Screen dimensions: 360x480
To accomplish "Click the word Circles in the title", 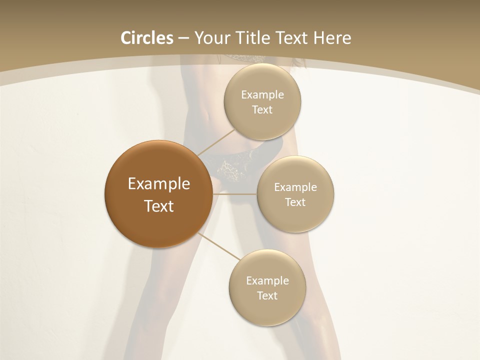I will tap(147, 38).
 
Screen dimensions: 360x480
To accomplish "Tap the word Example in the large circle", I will tap(159, 184).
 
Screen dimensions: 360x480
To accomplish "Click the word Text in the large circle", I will tap(159, 206).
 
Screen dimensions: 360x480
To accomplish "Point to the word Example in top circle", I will tap(262, 95).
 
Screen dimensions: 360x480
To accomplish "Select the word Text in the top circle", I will tap(262, 110).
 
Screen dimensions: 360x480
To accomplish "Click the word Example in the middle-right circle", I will tap(295, 187).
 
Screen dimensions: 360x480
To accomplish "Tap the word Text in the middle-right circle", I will tap(295, 202).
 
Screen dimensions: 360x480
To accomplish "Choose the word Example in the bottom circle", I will tap(267, 281).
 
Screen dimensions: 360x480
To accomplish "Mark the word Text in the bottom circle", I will tap(267, 296).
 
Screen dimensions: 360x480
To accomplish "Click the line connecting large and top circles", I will tap(216, 142).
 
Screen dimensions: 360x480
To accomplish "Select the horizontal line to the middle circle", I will tap(235, 194).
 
